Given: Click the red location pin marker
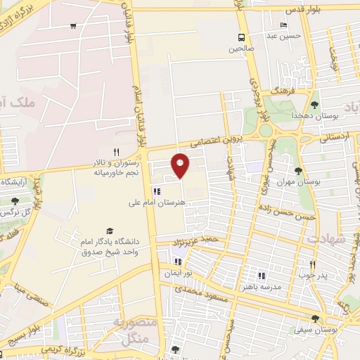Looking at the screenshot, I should point(181,165).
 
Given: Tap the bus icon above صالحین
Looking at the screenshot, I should point(242,37).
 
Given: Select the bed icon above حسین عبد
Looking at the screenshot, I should point(283,25).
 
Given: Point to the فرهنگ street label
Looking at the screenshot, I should point(286,91).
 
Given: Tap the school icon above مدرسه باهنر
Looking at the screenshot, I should point(262,276).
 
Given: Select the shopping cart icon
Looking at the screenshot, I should point(74,26).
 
